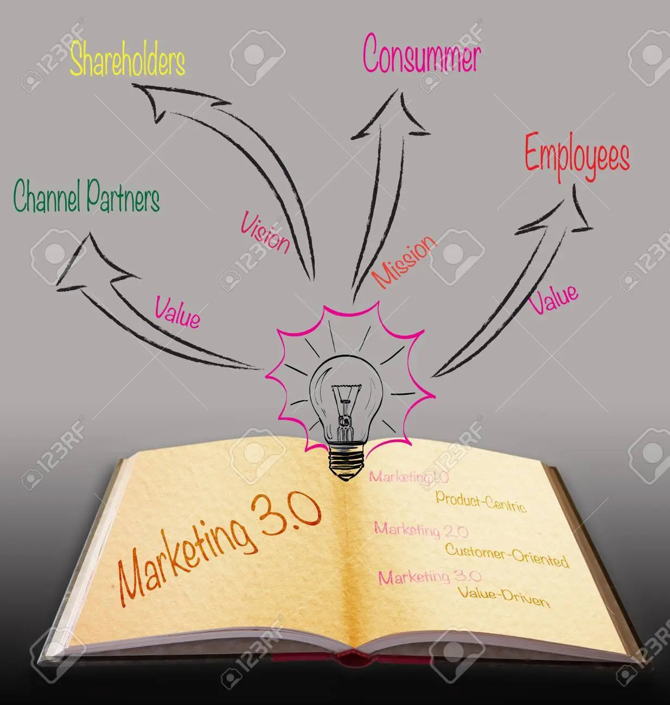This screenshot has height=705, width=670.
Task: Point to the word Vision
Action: (265, 232)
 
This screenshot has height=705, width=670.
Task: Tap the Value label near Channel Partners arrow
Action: (177, 312)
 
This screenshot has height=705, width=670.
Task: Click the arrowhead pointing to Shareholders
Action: (169, 101)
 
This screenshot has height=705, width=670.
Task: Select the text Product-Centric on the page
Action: (481, 501)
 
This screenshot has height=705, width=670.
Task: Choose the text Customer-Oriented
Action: (507, 556)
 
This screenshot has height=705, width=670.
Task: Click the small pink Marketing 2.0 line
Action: (421, 530)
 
